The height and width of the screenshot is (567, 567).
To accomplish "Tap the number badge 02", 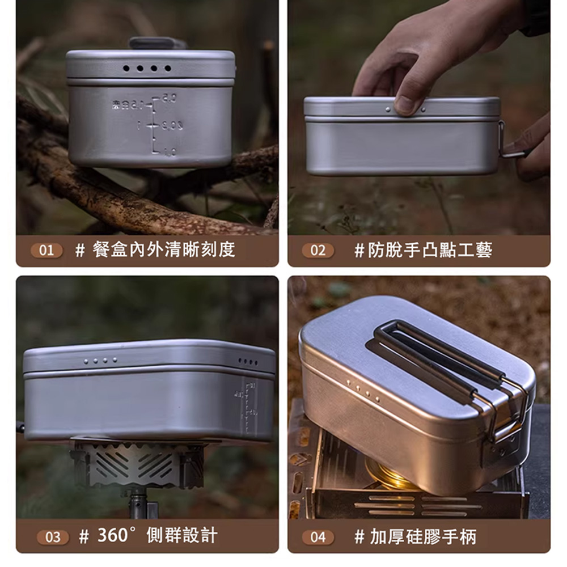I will point(318,250).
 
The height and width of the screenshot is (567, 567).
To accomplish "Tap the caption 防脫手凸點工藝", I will point(431,249).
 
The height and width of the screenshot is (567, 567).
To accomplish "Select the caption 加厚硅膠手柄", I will point(422,536).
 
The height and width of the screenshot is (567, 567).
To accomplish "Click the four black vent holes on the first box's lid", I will point(147,69).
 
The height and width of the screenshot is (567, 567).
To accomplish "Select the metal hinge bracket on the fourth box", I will point(505,431).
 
